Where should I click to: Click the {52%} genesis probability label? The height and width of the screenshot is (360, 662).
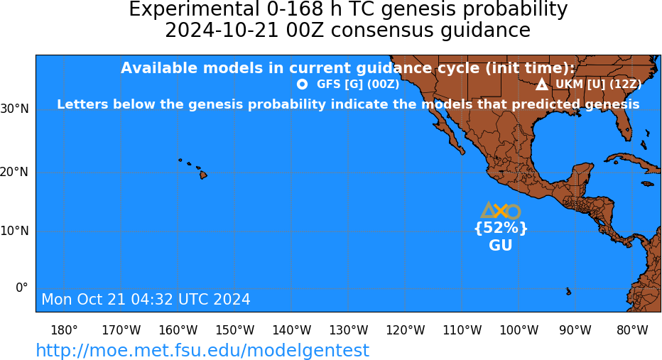[x=501, y=229]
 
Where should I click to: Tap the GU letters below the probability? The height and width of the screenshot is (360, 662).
[x=501, y=245]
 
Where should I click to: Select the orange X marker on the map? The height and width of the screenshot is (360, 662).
[x=501, y=211]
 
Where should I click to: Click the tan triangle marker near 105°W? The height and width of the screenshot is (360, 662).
[x=489, y=209]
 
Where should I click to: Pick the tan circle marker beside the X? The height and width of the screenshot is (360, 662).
[x=513, y=212]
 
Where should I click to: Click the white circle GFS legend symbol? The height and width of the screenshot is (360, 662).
[x=302, y=84]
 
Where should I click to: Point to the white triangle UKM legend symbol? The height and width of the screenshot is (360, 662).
[x=542, y=84]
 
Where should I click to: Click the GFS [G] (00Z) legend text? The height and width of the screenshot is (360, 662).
[x=358, y=84]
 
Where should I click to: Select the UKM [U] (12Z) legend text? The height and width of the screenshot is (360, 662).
[x=598, y=84]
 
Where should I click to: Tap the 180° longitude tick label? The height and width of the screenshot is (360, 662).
[x=64, y=330]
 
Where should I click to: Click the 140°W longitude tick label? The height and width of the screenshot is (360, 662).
[x=292, y=330]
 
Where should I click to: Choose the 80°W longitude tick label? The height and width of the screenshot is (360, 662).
[x=632, y=330]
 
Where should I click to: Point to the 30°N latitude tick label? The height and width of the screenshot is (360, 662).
[x=15, y=109]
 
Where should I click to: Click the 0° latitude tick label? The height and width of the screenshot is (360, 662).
[x=22, y=288]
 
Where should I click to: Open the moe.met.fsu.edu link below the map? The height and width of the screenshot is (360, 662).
[x=202, y=350]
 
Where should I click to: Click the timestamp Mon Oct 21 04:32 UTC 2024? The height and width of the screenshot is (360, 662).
[x=146, y=299]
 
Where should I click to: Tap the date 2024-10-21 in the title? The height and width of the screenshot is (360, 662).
[x=221, y=31]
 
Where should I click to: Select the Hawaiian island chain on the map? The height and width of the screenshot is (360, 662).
[x=194, y=168]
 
